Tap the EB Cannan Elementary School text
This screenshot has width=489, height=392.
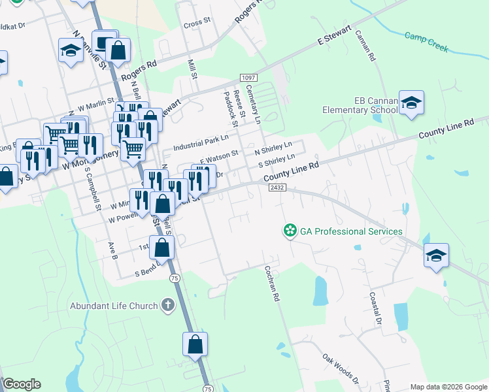click(x=359, y=105)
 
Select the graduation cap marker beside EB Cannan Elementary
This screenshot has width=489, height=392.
click(x=411, y=103)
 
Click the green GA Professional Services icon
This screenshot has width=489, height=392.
click(x=290, y=231)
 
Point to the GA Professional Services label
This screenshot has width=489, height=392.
click(x=351, y=231)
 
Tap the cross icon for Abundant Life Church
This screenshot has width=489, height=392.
click(x=167, y=306)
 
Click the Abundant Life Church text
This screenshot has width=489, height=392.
click(x=114, y=306)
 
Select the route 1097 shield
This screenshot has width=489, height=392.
click(x=248, y=78)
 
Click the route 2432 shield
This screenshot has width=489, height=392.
click(x=275, y=188)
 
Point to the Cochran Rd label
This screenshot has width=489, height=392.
click(x=273, y=283)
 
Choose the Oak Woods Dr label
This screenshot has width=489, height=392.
click(x=341, y=368)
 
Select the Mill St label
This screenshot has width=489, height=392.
click(x=193, y=69)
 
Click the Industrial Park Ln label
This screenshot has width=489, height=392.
click(x=201, y=139)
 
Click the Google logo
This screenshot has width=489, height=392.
click(x=22, y=384)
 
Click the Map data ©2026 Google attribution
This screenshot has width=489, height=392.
click(x=448, y=387)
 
